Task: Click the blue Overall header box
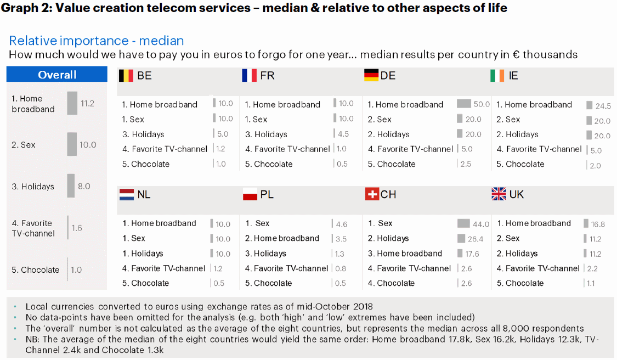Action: (x=57, y=75)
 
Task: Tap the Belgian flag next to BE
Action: (x=126, y=75)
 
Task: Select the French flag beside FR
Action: (x=249, y=75)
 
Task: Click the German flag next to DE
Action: (x=371, y=75)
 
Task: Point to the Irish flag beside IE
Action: (x=497, y=75)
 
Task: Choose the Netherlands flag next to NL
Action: (x=127, y=194)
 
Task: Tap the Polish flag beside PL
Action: (x=250, y=194)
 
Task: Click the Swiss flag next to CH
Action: (x=371, y=194)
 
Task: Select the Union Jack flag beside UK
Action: (x=499, y=194)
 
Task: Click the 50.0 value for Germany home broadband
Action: (x=482, y=104)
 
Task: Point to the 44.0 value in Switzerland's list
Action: (x=480, y=224)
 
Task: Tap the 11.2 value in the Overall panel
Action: (x=87, y=103)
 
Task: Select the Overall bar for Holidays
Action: (x=71, y=185)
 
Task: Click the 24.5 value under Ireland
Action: (x=603, y=106)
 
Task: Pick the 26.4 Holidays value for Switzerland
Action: (x=475, y=239)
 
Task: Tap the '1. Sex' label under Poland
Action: (x=257, y=223)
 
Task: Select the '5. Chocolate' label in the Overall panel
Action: (x=35, y=270)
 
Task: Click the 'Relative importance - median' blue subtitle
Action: (x=97, y=41)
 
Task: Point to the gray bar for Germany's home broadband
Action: (x=464, y=104)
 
